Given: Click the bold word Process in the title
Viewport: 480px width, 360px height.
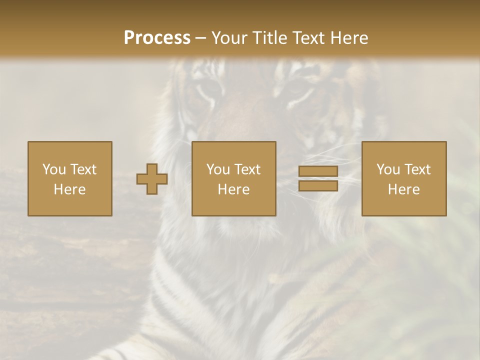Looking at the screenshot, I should [157, 37].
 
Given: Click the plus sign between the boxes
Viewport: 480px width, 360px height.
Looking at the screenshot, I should [152, 178].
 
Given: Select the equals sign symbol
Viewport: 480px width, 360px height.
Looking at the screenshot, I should [318, 178].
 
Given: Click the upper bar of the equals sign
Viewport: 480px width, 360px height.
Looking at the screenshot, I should [318, 171].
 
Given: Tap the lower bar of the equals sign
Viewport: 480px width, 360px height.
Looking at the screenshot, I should [318, 186].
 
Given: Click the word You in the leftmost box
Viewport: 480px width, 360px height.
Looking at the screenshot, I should [54, 169].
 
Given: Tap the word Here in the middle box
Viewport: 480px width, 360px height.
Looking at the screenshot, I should [233, 189].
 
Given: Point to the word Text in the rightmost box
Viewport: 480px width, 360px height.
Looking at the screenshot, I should [418, 169].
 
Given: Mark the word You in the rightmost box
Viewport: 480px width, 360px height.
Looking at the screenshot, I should [388, 169].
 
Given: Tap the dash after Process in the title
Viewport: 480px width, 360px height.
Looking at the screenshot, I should [200, 38].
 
